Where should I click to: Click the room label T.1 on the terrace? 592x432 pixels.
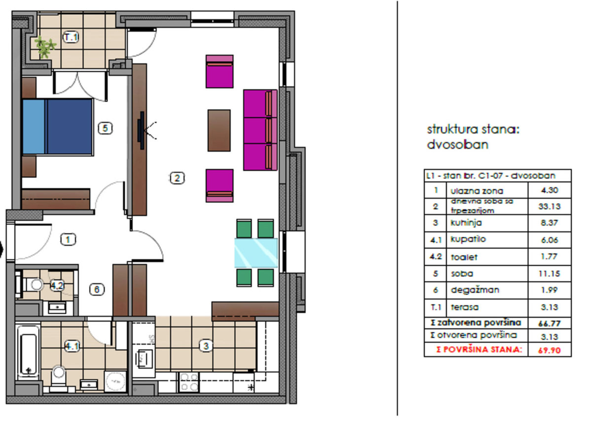(71, 37)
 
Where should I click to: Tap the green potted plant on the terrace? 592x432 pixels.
(45, 47)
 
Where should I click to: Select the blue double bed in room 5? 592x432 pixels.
(58, 127)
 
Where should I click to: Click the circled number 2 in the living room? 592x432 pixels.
(177, 178)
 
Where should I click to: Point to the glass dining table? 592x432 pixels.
(256, 253)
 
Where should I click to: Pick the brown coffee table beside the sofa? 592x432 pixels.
(219, 131)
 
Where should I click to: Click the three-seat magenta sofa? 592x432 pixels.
(260, 130)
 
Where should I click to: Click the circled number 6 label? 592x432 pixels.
(97, 289)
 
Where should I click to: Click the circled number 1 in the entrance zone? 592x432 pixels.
(68, 239)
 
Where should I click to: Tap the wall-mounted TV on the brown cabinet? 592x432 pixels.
(141, 131)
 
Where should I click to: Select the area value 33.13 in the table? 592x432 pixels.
(549, 206)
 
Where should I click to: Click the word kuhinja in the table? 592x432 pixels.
(466, 223)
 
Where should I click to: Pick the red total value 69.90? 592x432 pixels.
(549, 350)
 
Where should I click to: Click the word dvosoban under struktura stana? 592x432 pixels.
(457, 144)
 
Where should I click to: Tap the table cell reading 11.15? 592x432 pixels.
(549, 274)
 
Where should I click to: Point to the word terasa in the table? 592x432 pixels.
(465, 307)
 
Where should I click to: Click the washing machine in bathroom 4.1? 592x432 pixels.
(115, 381)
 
